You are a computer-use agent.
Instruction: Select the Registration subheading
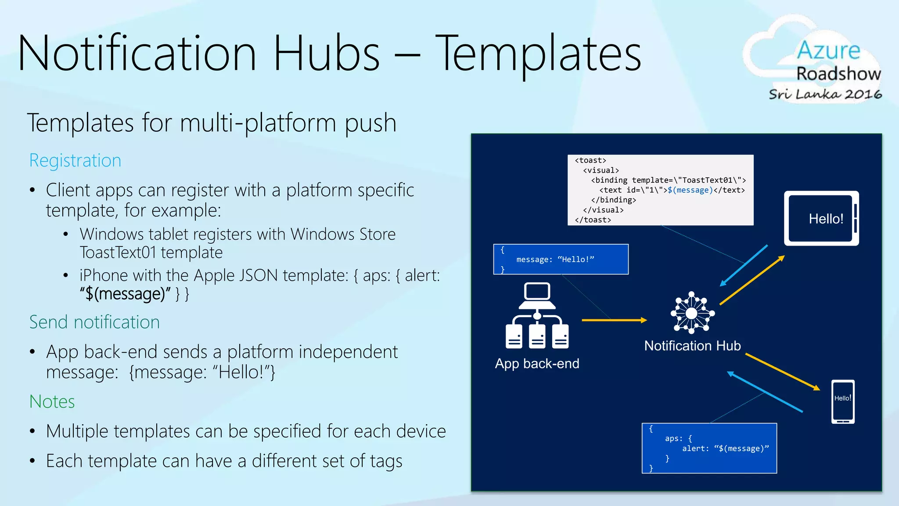tap(75, 160)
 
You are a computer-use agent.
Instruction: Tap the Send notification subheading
tap(94, 322)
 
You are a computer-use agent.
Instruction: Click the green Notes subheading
tap(52, 401)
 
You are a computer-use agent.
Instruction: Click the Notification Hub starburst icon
tap(692, 313)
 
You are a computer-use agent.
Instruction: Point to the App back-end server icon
tap(537, 316)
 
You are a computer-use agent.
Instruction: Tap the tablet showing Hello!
tap(821, 218)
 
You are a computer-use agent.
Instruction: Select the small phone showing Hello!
tap(843, 401)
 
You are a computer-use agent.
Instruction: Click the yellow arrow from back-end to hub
tap(614, 320)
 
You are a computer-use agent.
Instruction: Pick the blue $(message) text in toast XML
tap(690, 190)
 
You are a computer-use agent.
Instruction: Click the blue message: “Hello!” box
tap(561, 259)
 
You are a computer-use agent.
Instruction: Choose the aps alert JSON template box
tap(709, 448)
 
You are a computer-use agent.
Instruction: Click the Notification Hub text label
tap(692, 346)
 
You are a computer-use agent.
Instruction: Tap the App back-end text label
tap(537, 364)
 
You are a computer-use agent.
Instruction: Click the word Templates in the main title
tap(538, 54)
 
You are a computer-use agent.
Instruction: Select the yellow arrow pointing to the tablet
tap(752, 281)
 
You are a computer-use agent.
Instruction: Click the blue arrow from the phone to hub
tap(765, 392)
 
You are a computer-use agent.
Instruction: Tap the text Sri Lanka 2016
tap(825, 94)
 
